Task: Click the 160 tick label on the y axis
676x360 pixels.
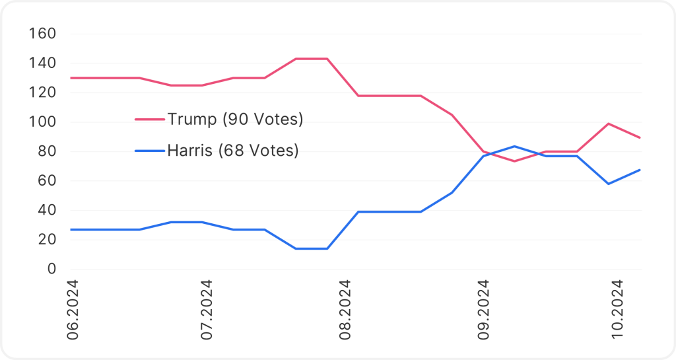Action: (43, 34)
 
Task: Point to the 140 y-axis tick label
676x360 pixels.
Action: (43, 63)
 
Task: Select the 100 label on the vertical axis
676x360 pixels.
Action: (43, 122)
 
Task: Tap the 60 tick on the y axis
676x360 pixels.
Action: (47, 181)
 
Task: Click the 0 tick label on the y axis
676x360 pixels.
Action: (51, 270)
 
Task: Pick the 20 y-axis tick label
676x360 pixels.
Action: (47, 240)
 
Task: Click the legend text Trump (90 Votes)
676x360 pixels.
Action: (235, 120)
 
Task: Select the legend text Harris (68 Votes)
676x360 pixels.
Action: (232, 151)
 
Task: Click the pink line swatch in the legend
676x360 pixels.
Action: (149, 120)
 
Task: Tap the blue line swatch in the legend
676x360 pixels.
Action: (149, 151)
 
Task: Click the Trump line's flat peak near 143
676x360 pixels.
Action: (311, 59)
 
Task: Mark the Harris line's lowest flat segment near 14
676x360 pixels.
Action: (311, 248)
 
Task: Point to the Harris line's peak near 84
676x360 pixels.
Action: (514, 146)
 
